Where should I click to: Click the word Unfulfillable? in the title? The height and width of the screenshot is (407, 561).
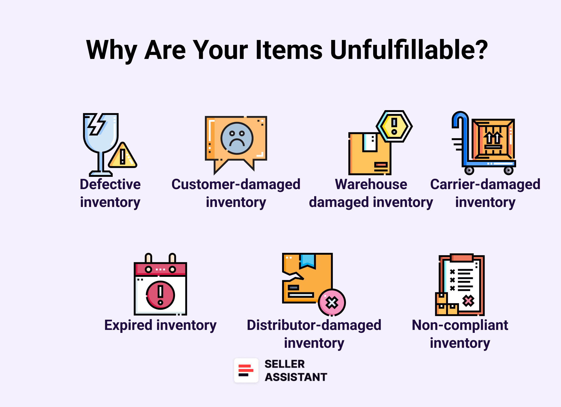click(409, 50)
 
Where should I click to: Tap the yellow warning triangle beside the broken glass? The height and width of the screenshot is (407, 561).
click(123, 156)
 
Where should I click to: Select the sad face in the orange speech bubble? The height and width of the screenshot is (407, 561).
click(237, 138)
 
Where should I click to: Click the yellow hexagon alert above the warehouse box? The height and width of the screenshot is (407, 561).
click(394, 126)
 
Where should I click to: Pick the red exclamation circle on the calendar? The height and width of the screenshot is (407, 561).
click(160, 295)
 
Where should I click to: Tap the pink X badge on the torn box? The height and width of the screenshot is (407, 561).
click(332, 303)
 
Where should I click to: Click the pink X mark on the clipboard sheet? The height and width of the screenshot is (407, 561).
click(468, 301)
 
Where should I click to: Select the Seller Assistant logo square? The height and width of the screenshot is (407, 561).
click(246, 370)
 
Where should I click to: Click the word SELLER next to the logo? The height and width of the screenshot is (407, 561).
click(285, 364)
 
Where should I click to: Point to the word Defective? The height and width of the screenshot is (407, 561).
click(110, 184)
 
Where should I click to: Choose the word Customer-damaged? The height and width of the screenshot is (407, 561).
click(236, 184)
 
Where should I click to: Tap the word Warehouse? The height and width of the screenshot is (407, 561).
click(371, 184)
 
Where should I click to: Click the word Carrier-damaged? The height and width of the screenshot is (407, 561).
click(485, 184)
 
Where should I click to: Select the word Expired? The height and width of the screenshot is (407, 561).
click(128, 326)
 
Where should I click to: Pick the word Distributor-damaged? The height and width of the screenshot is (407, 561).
click(314, 325)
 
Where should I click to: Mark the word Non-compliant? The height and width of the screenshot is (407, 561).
click(460, 326)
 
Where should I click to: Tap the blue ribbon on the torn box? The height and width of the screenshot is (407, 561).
click(308, 260)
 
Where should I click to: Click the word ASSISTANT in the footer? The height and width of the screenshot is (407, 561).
click(296, 377)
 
